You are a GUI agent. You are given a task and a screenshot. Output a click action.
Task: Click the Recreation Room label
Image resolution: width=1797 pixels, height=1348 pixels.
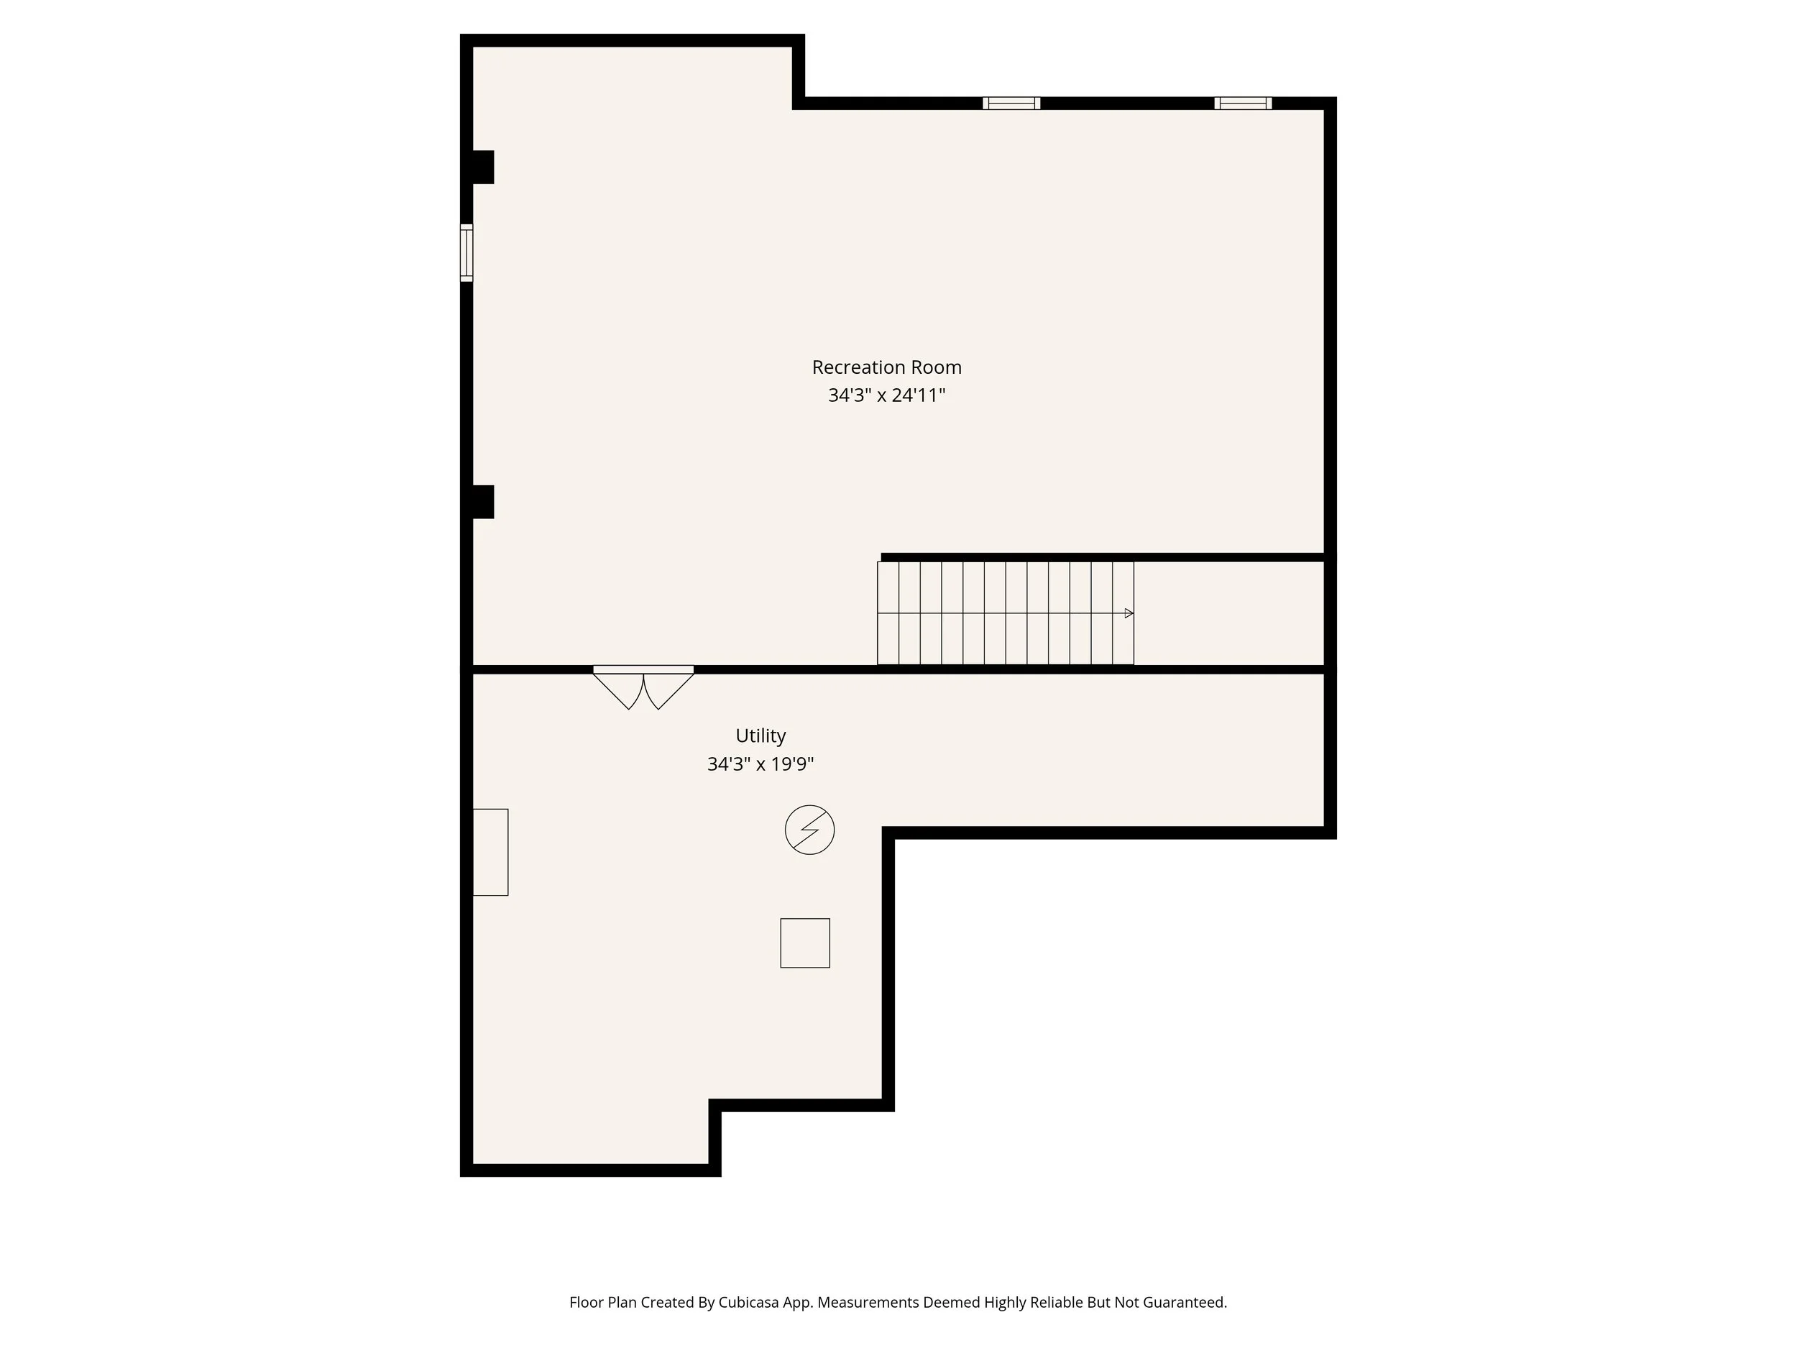click(x=886, y=367)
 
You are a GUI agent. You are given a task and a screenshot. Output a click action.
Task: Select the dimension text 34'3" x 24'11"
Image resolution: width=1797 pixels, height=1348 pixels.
click(x=886, y=395)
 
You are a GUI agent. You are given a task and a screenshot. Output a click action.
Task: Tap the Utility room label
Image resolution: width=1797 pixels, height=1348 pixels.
click(x=760, y=735)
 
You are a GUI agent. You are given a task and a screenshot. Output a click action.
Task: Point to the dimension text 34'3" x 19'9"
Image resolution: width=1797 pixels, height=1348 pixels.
click(x=760, y=764)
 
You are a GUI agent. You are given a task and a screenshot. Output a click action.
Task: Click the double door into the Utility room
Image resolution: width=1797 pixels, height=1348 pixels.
click(x=643, y=687)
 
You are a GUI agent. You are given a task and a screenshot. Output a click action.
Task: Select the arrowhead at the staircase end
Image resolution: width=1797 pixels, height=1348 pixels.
click(x=1129, y=613)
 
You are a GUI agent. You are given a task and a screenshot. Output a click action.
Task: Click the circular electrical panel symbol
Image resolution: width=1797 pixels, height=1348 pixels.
click(x=809, y=830)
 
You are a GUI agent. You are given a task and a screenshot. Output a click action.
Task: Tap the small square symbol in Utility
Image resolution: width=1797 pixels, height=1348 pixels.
click(x=805, y=943)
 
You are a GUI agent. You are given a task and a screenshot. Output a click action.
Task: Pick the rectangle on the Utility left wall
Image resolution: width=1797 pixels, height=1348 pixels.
click(x=491, y=853)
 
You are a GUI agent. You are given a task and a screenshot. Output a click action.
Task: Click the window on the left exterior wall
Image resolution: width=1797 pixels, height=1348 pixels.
click(x=467, y=252)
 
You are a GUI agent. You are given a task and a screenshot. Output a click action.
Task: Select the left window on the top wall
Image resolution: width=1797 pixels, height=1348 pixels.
click(x=1011, y=104)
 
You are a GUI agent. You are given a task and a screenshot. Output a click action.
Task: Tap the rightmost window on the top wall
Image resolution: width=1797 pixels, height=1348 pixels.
click(x=1243, y=104)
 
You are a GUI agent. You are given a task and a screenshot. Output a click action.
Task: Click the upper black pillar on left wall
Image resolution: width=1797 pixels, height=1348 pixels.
click(x=482, y=168)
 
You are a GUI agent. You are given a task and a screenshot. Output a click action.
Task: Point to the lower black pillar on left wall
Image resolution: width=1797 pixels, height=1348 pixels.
click(x=482, y=501)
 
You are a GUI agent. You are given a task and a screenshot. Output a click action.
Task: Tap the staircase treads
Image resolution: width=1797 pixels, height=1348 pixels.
click(x=1004, y=613)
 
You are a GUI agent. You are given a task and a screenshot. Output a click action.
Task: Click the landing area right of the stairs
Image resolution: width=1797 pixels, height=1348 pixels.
click(x=1228, y=613)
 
